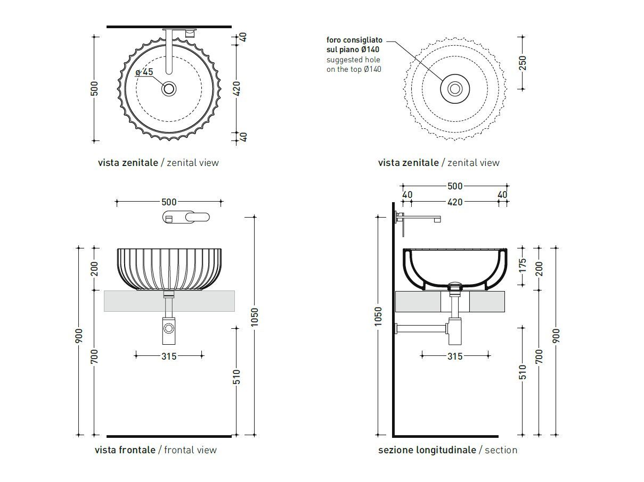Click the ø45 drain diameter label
click(144, 72)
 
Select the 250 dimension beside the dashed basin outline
click(522, 63)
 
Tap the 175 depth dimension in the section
click(522, 264)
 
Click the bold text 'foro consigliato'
click(354, 40)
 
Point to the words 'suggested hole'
click(353, 60)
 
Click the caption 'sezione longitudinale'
click(427, 450)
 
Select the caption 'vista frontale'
click(125, 450)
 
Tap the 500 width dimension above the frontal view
click(169, 202)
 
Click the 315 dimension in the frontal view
click(169, 356)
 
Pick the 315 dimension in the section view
click(455, 356)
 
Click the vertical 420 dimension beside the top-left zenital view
click(237, 88)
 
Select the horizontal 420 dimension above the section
click(455, 202)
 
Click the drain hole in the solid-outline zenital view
click(169, 88)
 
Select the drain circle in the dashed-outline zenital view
click(455, 88)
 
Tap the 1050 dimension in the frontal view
click(254, 318)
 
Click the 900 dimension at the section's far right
click(557, 335)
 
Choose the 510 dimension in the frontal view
click(237, 377)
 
